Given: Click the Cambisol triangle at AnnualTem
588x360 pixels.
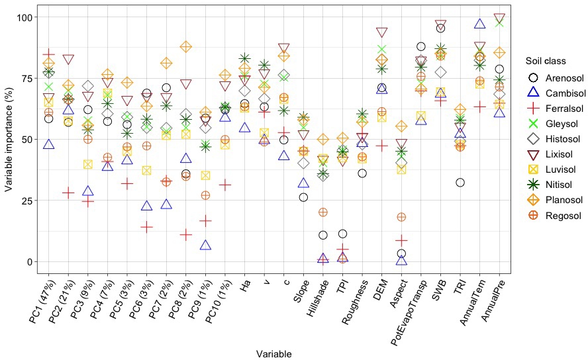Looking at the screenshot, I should [480, 24].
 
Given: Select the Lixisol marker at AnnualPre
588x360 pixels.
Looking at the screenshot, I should [499, 19].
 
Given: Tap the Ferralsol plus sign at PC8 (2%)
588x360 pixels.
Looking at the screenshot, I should [185, 235].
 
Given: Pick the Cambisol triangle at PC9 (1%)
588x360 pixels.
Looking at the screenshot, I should [205, 246].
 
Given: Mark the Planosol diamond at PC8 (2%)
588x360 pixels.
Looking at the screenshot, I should [185, 47].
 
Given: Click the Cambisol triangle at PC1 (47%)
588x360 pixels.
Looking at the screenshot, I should [48, 144].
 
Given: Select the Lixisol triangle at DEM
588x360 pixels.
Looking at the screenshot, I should [382, 32].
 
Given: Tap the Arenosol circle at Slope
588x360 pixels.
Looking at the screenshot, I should [303, 197].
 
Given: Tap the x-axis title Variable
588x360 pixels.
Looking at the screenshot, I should [273, 354].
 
